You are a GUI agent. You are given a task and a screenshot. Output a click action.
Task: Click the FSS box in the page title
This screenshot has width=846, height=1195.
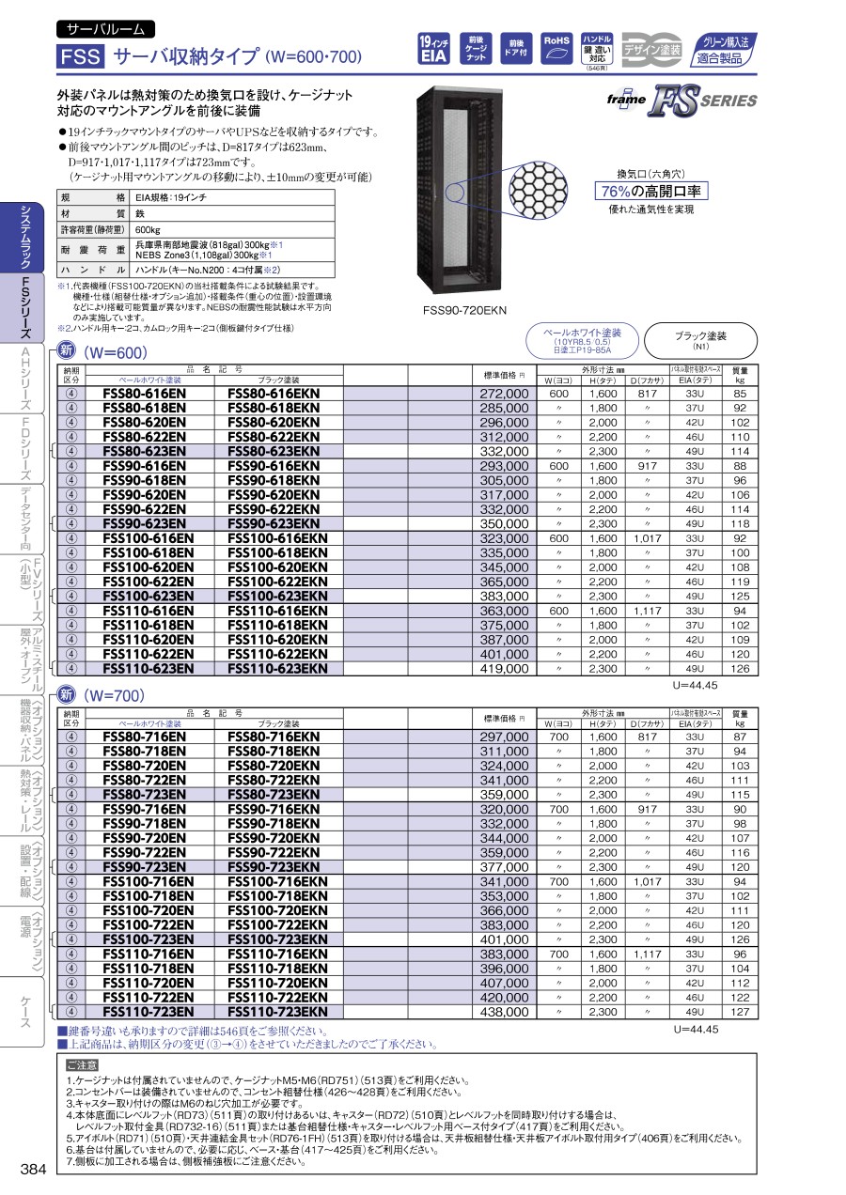(x=80, y=56)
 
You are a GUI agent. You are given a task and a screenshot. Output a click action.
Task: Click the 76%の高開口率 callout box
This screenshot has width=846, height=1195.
(x=650, y=192)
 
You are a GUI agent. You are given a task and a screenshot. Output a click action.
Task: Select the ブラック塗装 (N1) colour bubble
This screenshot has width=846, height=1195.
(x=701, y=340)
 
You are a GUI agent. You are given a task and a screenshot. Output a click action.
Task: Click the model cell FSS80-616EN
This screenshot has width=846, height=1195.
(x=144, y=394)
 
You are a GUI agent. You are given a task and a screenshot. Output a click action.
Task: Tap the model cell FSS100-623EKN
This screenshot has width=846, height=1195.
(x=278, y=597)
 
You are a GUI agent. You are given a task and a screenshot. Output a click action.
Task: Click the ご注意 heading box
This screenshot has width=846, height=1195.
(x=82, y=1065)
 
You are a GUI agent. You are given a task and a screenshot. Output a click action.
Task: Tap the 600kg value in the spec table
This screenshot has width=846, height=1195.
(x=149, y=230)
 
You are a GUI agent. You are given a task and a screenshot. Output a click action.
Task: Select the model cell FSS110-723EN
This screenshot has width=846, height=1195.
(x=148, y=1013)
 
